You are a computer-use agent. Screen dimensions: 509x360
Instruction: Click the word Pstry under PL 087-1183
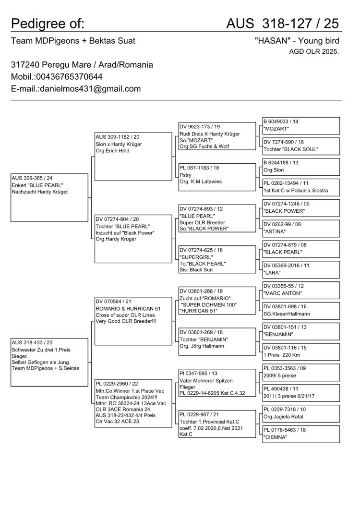186,175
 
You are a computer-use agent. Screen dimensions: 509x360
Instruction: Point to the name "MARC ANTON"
282,293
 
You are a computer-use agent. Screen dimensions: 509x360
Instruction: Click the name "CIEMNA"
276,437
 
